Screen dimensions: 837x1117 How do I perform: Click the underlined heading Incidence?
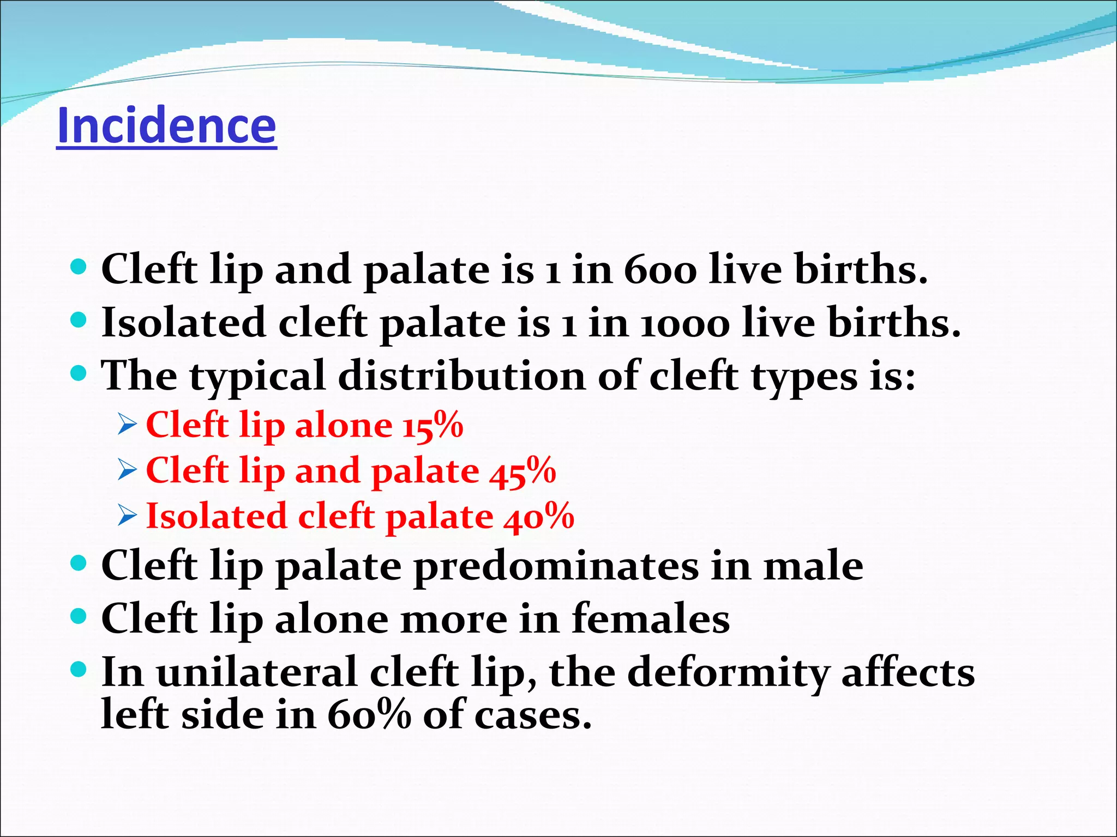tap(166, 126)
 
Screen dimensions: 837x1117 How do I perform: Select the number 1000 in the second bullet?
tap(684, 323)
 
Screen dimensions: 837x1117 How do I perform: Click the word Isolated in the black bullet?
tap(183, 323)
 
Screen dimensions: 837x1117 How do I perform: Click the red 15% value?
tap(433, 425)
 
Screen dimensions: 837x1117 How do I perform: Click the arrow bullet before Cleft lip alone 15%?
tap(127, 425)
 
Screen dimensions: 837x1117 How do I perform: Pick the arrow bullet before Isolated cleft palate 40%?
tap(127, 517)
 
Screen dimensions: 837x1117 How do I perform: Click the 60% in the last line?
tap(369, 715)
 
